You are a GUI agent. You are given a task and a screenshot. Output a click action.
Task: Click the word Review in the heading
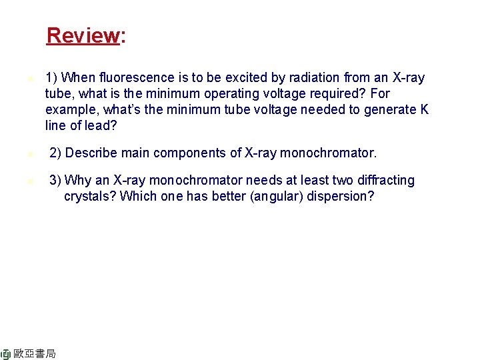[82, 35]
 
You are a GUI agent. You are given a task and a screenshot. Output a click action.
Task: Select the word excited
[213, 78]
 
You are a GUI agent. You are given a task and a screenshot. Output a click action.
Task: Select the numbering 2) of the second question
[56, 153]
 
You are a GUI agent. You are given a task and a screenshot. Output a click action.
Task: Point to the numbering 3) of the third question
[56, 181]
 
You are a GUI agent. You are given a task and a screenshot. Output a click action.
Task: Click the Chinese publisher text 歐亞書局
[35, 353]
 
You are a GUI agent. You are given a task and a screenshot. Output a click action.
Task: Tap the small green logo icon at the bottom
[5, 353]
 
